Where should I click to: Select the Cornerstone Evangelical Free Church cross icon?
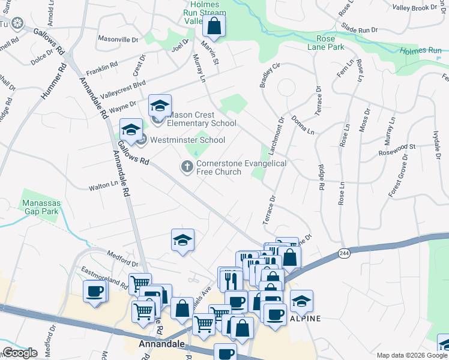point(187,166)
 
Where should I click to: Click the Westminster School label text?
point(187,140)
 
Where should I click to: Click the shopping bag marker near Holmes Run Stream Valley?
point(214,26)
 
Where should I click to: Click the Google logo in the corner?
point(20,353)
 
